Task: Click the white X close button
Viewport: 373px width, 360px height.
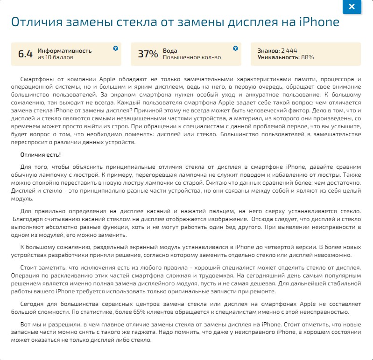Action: pyautogui.click(x=352, y=7)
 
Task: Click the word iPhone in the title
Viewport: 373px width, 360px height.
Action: pyautogui.click(x=319, y=23)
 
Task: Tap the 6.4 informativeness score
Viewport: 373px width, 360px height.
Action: pyautogui.click(x=25, y=54)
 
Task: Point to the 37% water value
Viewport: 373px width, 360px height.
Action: pyautogui.click(x=148, y=54)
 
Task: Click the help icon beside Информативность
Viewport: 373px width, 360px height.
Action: pyautogui.click(x=116, y=48)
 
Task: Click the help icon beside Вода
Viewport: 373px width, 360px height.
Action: pyautogui.click(x=236, y=48)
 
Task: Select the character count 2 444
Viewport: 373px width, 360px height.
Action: pyautogui.click(x=289, y=50)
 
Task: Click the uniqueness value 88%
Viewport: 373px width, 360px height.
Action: pyautogui.click(x=308, y=57)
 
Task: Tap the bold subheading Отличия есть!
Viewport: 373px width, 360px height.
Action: pyautogui.click(x=41, y=154)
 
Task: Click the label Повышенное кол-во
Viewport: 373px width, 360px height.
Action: pyautogui.click(x=192, y=57)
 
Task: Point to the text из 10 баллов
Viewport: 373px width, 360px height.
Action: pyautogui.click(x=55, y=57)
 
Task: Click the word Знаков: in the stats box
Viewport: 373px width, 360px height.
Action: pyautogui.click(x=268, y=50)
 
